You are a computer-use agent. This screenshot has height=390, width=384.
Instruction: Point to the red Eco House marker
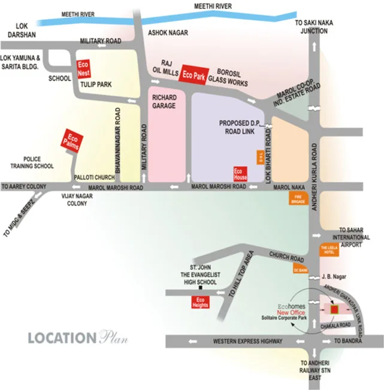click(x=240, y=173)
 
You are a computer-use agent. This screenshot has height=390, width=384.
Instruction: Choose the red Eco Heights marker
click(x=201, y=303)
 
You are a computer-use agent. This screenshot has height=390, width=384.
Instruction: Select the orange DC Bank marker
click(x=300, y=271)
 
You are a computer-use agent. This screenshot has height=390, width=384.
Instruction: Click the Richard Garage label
click(x=164, y=101)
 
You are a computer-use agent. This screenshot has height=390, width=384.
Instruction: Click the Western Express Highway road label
click(x=247, y=341)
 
